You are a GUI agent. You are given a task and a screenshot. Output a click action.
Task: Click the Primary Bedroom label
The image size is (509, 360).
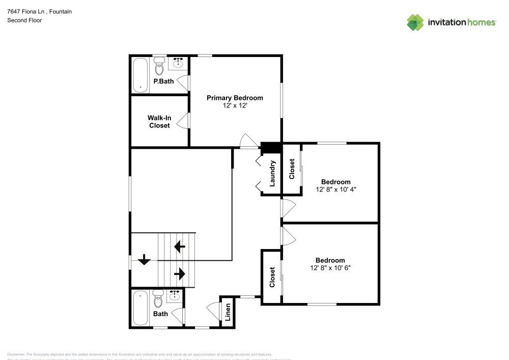click(x=235, y=98)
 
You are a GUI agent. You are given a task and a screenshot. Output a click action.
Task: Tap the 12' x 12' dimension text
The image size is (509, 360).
click(x=235, y=105)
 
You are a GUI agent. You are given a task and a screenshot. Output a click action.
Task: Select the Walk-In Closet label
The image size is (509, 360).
click(x=159, y=122)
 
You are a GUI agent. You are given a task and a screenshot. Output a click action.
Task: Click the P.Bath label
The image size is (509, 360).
click(x=164, y=81)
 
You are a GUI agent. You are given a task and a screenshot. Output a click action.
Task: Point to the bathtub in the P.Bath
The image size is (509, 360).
click(x=140, y=75)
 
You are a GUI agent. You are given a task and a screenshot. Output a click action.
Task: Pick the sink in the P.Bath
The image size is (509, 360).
click(x=178, y=63)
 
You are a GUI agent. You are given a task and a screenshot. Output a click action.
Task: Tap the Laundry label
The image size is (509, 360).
click(x=272, y=173)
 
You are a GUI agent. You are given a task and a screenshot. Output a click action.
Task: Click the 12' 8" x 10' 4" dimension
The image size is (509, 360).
click(x=335, y=189)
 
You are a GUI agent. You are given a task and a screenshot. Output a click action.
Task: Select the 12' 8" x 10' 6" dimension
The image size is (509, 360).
click(x=330, y=268)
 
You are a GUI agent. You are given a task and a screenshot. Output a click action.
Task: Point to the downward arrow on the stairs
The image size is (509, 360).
click(x=144, y=260)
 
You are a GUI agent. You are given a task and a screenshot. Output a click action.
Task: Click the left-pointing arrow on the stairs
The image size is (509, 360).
click(x=179, y=247)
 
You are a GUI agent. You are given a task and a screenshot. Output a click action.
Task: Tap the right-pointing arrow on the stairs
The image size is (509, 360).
click(x=179, y=274)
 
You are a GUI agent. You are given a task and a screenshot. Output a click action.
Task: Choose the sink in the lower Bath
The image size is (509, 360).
click(x=175, y=295)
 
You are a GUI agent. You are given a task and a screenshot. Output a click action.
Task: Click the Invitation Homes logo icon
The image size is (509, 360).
click(x=415, y=22)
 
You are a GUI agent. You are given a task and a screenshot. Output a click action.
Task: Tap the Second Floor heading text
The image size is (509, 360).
click(x=24, y=20)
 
